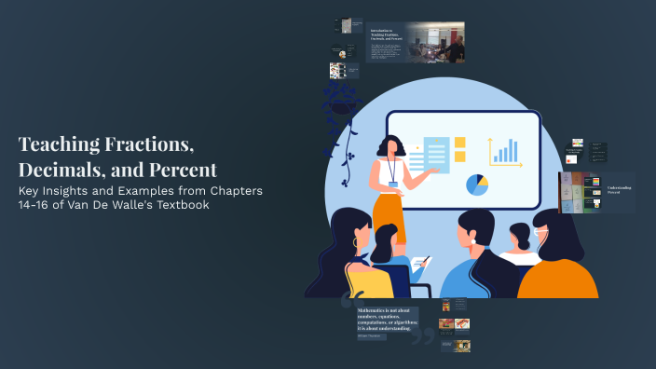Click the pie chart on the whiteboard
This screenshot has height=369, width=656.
pos(477,184)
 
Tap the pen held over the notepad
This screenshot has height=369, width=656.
pos(424,262)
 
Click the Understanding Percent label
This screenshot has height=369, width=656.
pos(621,190)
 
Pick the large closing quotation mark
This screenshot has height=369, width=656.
pos(425,331)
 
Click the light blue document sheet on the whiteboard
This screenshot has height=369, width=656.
pos(436,154)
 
